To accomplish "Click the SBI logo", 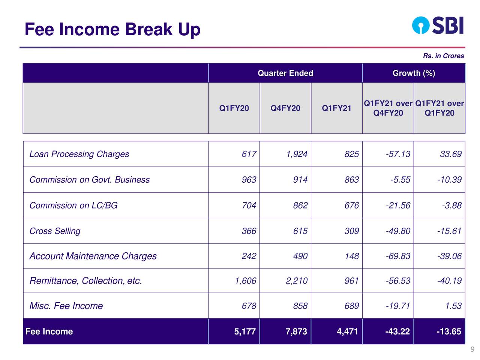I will (438, 25).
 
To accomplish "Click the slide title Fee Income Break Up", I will (112, 30).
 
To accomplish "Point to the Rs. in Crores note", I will (443, 56).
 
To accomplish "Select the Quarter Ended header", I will (285, 73).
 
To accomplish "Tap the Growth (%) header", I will (414, 73).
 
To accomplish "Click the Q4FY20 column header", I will (285, 108).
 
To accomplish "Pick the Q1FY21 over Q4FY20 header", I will (388, 108).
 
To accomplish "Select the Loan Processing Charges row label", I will (79, 154).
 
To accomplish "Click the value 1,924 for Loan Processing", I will (297, 154).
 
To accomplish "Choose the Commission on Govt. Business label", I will (89, 180).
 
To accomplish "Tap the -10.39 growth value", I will (449, 180).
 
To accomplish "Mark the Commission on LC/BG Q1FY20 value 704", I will (249, 205).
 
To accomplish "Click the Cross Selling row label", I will (55, 231).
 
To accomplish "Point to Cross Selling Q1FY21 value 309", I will (351, 231).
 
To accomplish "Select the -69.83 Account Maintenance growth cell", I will (398, 256).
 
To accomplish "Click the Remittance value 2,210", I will (297, 281).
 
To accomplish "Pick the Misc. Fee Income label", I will (66, 306).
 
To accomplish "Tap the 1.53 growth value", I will (453, 306).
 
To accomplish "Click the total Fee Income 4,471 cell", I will (348, 331).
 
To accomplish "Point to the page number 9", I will (472, 350).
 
